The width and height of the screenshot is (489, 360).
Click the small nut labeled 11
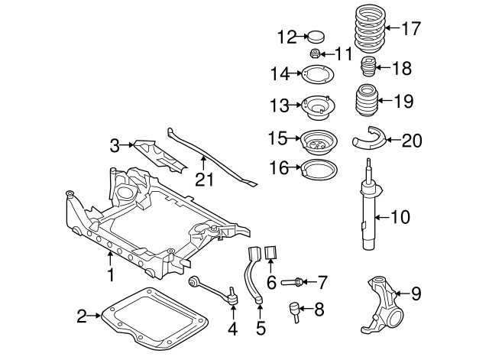point(313,54)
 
